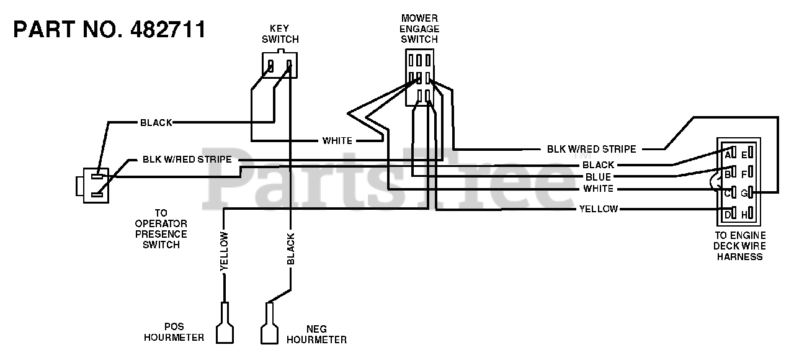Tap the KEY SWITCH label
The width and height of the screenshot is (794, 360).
280,34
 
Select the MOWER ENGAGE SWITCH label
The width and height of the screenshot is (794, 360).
419,29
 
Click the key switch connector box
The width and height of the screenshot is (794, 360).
280,65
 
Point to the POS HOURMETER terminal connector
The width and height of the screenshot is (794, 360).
225,322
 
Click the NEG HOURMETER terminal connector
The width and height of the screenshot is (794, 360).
270,323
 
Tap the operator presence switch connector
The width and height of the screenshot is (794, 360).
93,186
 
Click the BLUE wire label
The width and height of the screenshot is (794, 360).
598,177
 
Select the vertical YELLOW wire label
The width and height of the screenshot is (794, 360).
224,251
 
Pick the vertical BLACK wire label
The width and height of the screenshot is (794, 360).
291,249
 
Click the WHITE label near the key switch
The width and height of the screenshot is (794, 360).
337,141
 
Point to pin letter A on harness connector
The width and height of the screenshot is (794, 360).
728,155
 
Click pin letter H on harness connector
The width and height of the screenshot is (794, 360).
744,215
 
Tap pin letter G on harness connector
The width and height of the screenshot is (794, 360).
744,193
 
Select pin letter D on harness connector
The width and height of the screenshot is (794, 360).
728,215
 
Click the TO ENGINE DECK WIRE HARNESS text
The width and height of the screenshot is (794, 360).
739,246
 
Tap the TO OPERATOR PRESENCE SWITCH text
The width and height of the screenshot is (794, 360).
161,229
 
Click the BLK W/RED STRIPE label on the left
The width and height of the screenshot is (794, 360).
187,160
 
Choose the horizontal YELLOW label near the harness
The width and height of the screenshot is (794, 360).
599,209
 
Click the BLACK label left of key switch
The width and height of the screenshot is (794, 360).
156,123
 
